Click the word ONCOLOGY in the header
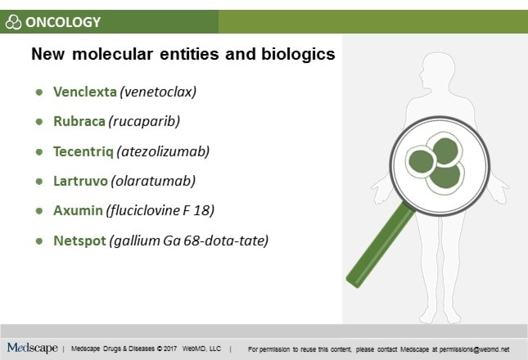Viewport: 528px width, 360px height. click(x=63, y=22)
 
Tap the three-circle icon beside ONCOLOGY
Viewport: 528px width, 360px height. click(x=13, y=22)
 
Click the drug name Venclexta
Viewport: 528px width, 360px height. click(x=85, y=92)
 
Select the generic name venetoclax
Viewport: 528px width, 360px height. click(x=158, y=92)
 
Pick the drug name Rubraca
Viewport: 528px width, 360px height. click(x=79, y=121)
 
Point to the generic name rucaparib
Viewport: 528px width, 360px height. click(x=144, y=121)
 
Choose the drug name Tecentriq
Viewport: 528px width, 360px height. click(x=83, y=151)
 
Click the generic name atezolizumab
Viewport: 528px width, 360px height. click(x=164, y=151)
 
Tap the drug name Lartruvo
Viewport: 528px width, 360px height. click(x=80, y=181)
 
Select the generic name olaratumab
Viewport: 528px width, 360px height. click(x=154, y=181)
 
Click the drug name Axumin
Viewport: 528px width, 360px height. click(x=78, y=210)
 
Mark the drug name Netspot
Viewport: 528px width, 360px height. click(x=79, y=241)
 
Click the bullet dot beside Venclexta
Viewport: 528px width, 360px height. click(x=39, y=92)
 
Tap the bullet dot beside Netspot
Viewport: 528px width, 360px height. click(x=39, y=241)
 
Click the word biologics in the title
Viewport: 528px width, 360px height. click(x=298, y=54)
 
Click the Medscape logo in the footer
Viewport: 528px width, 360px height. click(x=32, y=348)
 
